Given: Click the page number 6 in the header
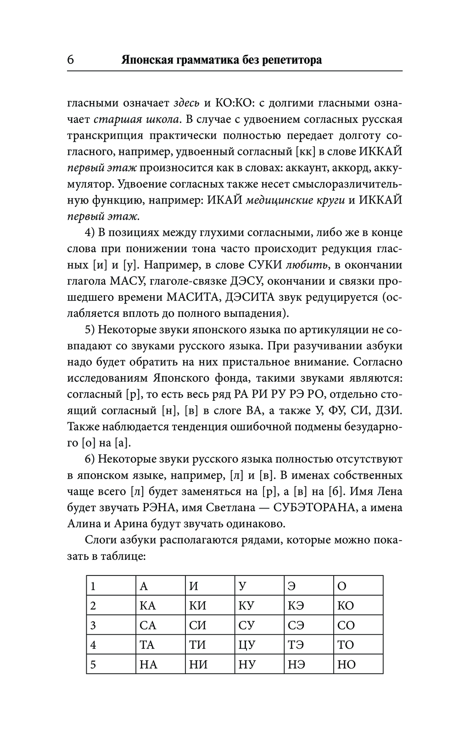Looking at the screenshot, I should pyautogui.click(x=71, y=60).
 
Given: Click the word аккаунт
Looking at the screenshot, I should pyautogui.click(x=307, y=168).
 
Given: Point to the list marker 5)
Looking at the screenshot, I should pyautogui.click(x=90, y=330).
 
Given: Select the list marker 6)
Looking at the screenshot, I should pyautogui.click(x=90, y=459).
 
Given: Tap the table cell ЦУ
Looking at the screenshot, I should pyautogui.click(x=246, y=645).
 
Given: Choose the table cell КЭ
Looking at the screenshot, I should pyautogui.click(x=296, y=606).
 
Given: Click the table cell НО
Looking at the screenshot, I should pyautogui.click(x=346, y=664).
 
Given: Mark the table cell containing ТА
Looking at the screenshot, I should pyautogui.click(x=147, y=645).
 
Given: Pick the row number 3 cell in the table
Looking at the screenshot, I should pyautogui.click(x=93, y=625).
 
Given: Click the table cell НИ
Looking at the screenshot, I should pyautogui.click(x=198, y=664).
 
